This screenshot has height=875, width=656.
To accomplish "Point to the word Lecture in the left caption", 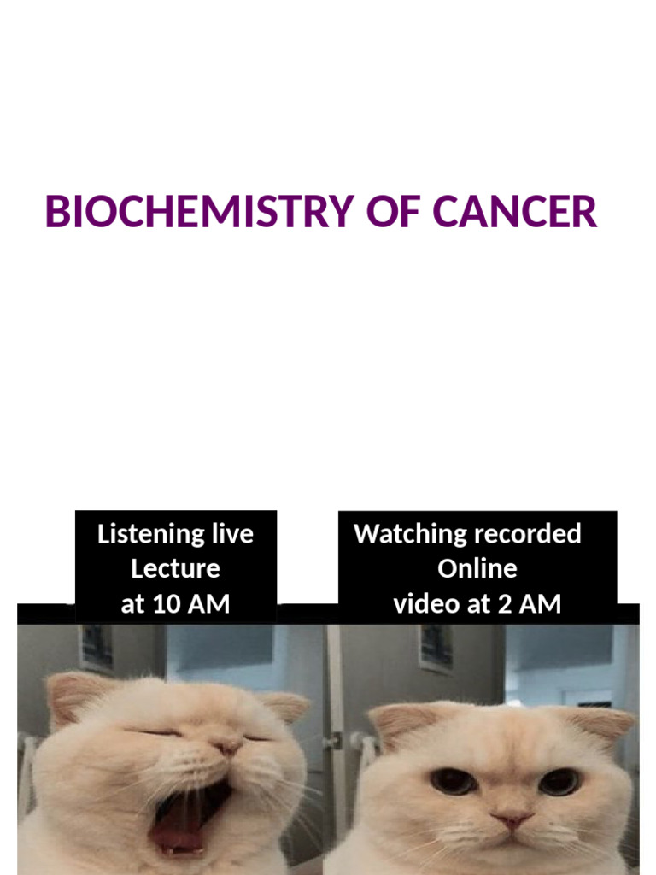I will click(175, 569).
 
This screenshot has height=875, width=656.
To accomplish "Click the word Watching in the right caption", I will click(400, 535).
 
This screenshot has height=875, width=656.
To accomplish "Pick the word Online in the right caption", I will click(477, 569).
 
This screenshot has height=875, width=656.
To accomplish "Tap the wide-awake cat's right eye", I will click(559, 780).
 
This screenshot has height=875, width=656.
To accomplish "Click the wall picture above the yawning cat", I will click(97, 648).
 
